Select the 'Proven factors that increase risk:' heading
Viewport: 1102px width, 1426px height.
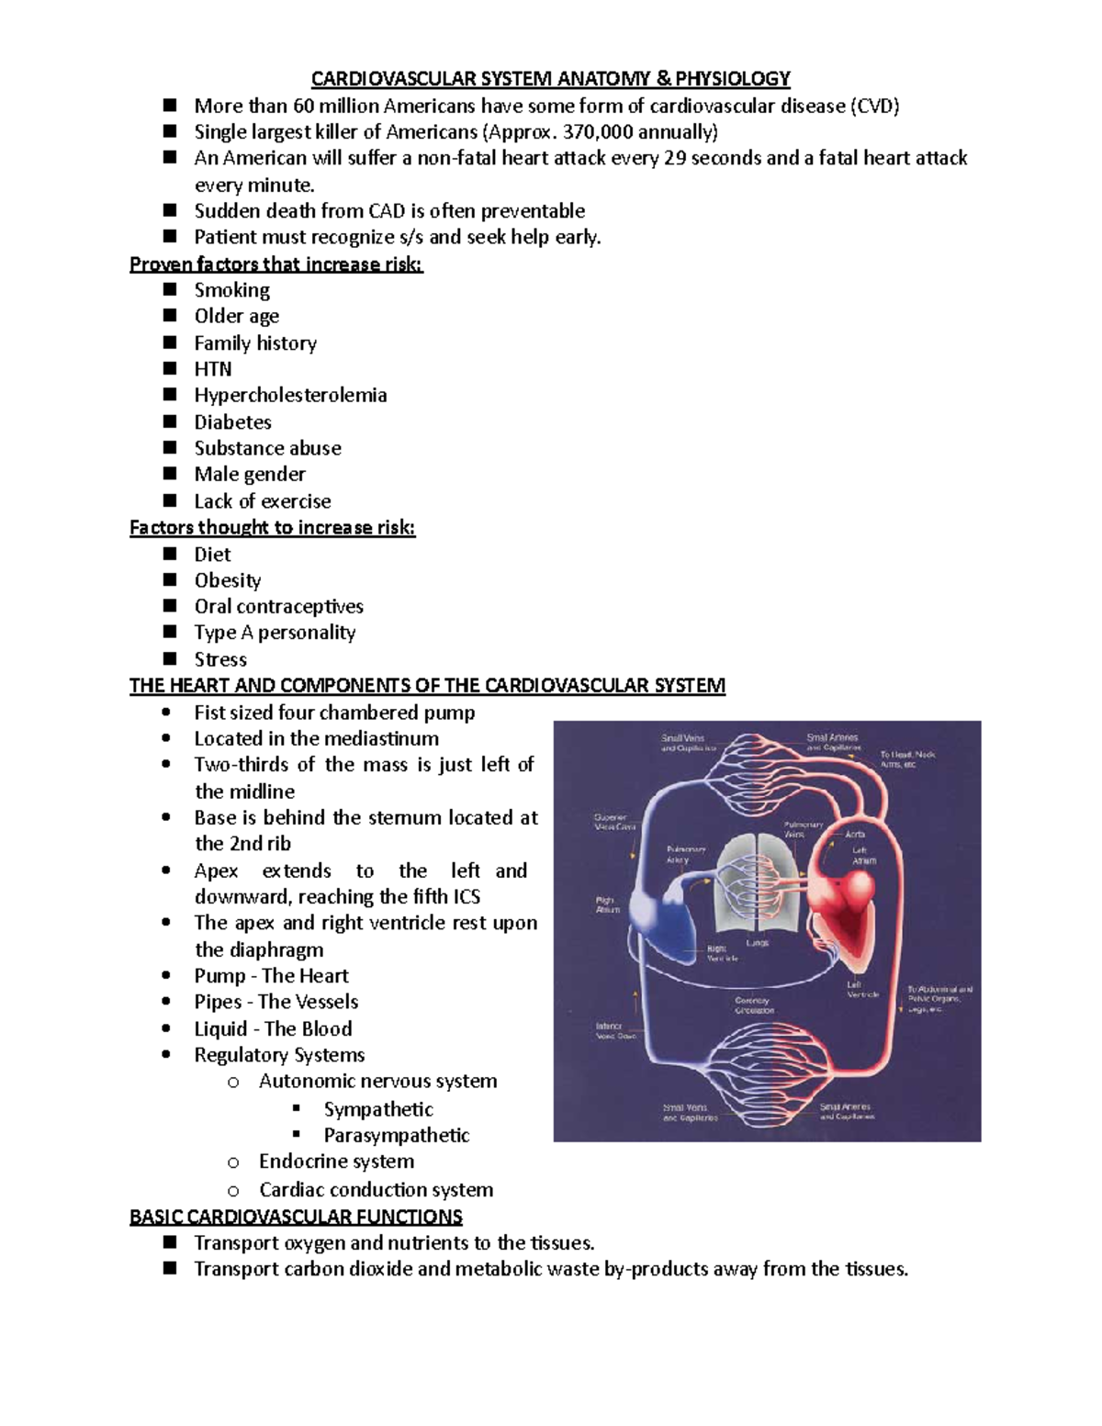(276, 264)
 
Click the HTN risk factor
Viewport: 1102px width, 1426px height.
(213, 369)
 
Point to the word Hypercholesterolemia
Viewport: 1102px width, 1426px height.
(290, 396)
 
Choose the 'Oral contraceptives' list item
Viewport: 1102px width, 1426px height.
(278, 607)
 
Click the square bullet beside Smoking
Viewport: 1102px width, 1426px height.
(169, 290)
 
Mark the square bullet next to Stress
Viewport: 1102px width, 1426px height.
(169, 658)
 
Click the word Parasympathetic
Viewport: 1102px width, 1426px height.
(397, 1136)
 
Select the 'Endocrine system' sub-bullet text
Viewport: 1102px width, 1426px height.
(336, 1162)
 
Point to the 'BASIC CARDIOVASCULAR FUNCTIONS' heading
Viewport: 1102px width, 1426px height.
(296, 1218)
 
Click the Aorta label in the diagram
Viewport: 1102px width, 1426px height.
(854, 835)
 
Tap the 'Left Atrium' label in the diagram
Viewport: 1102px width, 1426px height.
(864, 856)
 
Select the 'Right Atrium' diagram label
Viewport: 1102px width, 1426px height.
(608, 904)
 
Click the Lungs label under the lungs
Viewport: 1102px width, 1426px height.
(758, 943)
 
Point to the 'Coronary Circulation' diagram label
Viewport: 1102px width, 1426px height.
(754, 1005)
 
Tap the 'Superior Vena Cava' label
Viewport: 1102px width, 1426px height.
(614, 822)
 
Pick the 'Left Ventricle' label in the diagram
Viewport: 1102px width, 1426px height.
(862, 989)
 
